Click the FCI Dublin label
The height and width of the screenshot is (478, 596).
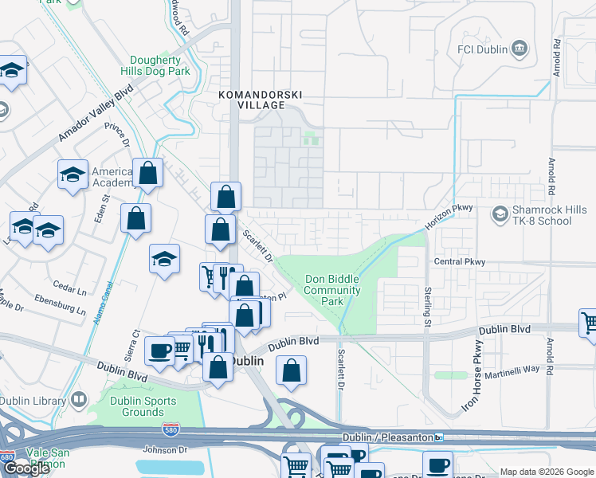pos(482,49)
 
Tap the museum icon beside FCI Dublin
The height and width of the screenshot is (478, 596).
pos(519,49)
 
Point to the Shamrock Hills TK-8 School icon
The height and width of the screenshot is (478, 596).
pos(500,214)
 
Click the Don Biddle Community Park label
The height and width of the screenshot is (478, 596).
pos(332,291)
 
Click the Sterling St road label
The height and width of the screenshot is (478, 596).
pos(428,307)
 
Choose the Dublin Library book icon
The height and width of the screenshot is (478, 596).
pos(78,398)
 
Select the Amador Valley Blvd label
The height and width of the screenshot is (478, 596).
pos(95,116)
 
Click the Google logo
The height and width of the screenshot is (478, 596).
pos(26,468)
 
